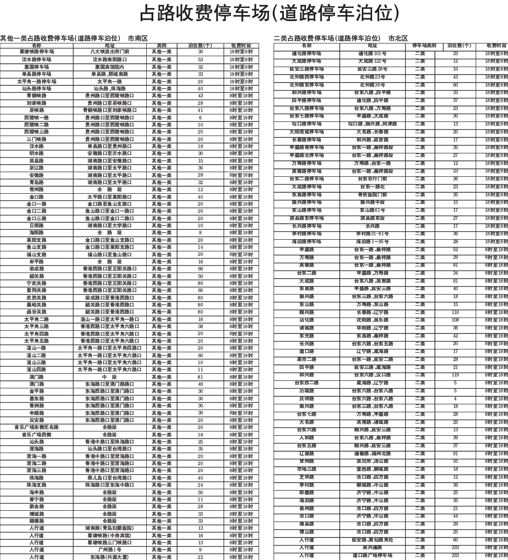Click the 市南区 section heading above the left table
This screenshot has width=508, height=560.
138,38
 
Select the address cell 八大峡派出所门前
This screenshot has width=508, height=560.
110,52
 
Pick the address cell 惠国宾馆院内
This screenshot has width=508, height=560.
110,67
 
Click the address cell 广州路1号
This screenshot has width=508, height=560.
110,550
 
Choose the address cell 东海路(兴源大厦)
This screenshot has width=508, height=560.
110,557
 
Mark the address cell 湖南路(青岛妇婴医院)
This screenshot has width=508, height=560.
110,528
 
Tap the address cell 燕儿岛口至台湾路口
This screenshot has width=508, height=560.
110,478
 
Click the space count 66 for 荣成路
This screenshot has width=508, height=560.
201,269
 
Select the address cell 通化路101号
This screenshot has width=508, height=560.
373,53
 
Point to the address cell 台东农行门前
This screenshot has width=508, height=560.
373,179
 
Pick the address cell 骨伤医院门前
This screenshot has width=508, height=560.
373,195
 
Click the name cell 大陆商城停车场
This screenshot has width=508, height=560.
306,132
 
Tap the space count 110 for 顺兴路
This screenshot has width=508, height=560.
455,312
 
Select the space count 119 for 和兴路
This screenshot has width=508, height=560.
455,375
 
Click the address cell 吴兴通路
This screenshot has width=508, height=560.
373,547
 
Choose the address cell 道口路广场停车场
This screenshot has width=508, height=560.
373,555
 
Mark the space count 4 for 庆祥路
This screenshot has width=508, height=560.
455,399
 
